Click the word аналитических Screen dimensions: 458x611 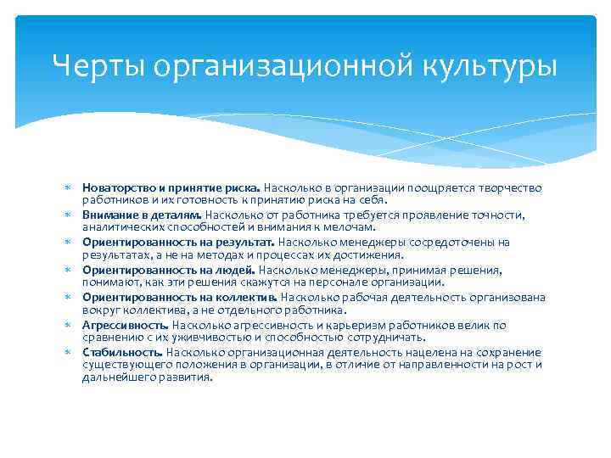[x=121, y=226]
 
